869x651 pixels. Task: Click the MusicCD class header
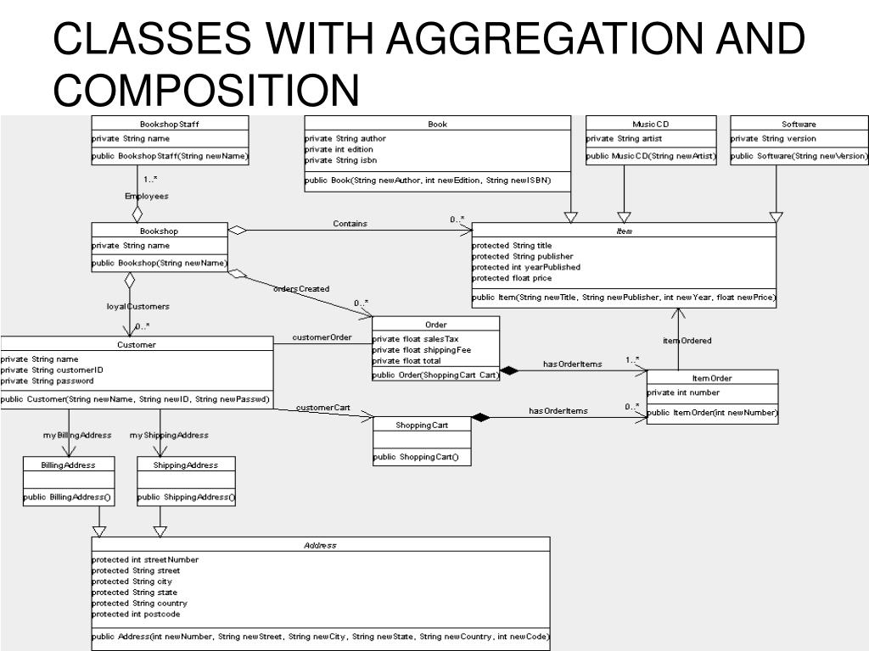(651, 124)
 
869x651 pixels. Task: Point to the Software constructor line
(799, 156)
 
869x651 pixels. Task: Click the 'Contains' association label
(350, 224)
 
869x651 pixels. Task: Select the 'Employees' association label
(147, 196)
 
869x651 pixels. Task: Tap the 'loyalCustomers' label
(137, 306)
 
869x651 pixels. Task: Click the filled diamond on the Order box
(509, 370)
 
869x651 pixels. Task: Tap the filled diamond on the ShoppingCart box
(481, 417)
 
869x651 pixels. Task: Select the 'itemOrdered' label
(687, 341)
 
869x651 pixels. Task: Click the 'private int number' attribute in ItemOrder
(683, 392)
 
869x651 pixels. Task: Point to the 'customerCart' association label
(323, 408)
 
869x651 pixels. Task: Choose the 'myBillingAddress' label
(77, 435)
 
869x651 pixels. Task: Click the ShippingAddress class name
(186, 465)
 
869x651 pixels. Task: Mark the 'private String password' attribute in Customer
(47, 381)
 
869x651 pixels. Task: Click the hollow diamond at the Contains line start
(237, 230)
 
